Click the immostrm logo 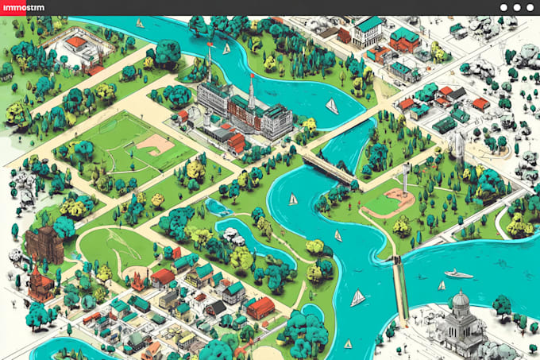pos(23,8)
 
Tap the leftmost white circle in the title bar pos(504,7)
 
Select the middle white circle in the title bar pos(517,7)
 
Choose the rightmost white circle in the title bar pos(530,7)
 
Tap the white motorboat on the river pos(458,273)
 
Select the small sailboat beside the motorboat pos(442,285)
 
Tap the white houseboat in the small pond pos(233,237)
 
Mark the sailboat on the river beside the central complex pos(331,106)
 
